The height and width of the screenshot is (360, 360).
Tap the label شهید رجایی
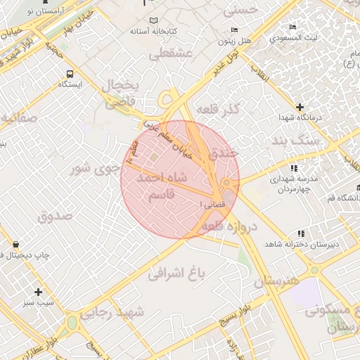(x=111, y=312)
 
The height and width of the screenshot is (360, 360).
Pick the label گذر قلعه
(x=217, y=110)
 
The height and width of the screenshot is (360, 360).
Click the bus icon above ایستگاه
(x=70, y=73)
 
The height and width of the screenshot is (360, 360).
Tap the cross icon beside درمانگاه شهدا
(x=300, y=107)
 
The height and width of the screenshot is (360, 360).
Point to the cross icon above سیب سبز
(x=38, y=291)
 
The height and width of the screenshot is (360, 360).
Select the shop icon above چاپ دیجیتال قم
(x=15, y=243)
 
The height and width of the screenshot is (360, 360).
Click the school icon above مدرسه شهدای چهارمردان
(x=293, y=169)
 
